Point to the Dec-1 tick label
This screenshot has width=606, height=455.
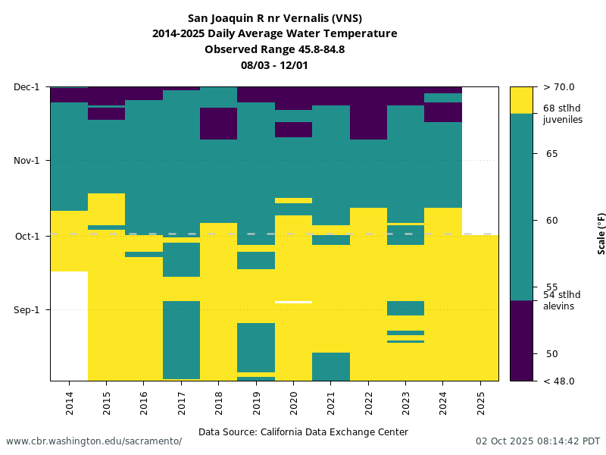[x=27, y=87]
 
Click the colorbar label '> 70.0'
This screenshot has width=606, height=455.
[x=559, y=87]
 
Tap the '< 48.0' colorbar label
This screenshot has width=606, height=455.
[x=559, y=381]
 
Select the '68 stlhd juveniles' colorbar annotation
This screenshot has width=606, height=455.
[x=563, y=114]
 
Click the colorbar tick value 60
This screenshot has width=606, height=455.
[x=551, y=221]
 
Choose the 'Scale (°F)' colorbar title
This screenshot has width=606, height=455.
[x=601, y=234]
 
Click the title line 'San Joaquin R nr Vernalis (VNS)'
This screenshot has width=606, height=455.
[x=274, y=18]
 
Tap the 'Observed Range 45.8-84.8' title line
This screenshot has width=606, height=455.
[x=274, y=49]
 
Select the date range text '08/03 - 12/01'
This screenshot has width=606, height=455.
[x=274, y=65]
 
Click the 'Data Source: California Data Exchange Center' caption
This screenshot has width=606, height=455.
[x=303, y=432]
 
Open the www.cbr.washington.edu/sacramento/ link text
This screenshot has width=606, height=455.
[x=94, y=441]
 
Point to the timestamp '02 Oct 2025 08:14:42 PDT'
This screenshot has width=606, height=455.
[x=538, y=441]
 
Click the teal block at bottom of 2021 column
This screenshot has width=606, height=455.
[x=331, y=366]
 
